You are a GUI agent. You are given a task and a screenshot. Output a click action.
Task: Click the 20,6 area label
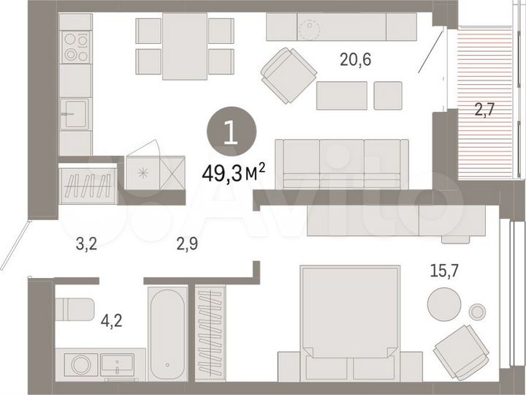pos(356,61)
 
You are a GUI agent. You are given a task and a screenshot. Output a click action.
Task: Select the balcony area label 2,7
pos(486,111)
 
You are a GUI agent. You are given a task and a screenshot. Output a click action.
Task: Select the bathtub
pos(169,332)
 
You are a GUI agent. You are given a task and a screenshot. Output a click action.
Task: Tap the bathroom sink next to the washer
pos(117,364)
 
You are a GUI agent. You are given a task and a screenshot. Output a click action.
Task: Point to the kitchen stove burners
pos(75,47)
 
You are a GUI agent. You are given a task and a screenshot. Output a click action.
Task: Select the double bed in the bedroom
pos(350,322)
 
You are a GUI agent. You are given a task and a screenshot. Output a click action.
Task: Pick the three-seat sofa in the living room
pos(341,163)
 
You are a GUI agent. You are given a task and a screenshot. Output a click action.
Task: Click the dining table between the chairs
pos(185,45)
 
